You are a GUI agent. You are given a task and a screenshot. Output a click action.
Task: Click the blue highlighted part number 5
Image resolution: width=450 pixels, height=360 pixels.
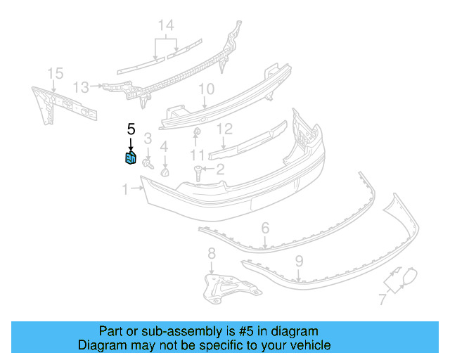click(131, 158)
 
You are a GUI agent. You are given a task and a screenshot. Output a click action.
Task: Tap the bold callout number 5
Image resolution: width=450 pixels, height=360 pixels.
click(130, 129)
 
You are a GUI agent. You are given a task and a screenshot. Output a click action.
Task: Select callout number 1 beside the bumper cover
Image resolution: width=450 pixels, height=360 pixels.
click(125, 189)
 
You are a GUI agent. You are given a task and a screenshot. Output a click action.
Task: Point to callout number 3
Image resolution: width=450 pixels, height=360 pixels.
click(148, 137)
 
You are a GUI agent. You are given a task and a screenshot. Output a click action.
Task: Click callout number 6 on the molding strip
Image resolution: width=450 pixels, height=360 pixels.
click(265, 228)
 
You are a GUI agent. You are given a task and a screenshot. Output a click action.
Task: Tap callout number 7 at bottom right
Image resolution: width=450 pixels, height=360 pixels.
click(382, 300)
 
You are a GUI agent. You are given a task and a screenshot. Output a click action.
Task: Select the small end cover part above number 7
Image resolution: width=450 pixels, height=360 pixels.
click(403, 276)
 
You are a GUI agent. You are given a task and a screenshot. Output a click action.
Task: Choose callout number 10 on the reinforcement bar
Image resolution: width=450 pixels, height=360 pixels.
click(205, 89)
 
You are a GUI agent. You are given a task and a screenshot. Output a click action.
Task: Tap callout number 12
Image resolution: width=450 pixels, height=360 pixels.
click(224, 129)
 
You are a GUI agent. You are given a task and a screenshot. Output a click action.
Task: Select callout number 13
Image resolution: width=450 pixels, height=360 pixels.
click(82, 87)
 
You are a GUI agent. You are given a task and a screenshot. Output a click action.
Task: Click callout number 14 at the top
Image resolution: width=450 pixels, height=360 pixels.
click(165, 26)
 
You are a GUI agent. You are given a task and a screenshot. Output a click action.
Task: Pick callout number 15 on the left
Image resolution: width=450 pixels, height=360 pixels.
click(55, 73)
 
